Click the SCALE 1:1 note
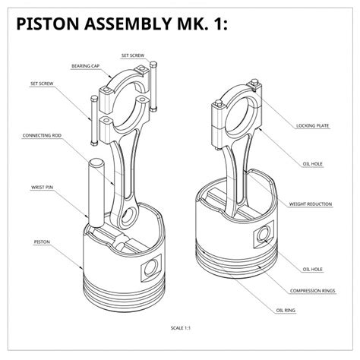[179, 329]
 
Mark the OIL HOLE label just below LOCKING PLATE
[313, 162]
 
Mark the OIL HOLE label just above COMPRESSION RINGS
[313, 269]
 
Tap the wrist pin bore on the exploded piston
[151, 267]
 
